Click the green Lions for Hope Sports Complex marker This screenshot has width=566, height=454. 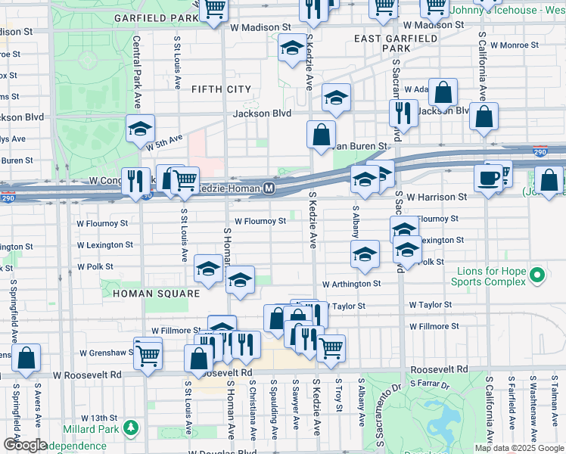point(538,275)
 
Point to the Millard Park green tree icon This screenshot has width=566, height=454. point(132,428)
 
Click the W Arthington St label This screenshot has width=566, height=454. point(351,284)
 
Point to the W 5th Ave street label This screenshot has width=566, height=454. point(166,141)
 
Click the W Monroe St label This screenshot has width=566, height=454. point(514,45)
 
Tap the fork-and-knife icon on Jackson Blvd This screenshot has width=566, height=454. point(403,113)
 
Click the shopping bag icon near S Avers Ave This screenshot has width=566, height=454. point(26,359)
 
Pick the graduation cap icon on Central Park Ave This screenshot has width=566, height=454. point(140,129)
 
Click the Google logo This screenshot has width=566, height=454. point(24,445)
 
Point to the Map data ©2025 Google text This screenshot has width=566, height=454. point(518,448)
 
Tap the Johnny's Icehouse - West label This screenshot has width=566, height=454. point(507,11)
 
